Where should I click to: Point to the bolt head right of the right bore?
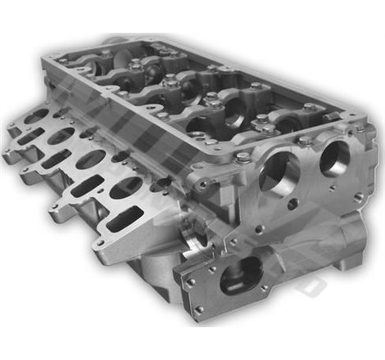click(359, 130)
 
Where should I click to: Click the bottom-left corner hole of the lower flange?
click(199, 308)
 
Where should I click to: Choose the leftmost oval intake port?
click(36, 118)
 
